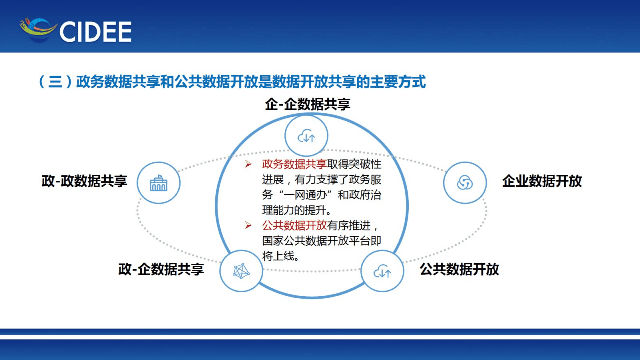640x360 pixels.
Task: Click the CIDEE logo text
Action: [95, 31]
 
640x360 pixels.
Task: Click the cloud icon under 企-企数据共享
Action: [306, 136]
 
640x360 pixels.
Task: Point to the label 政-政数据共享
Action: [84, 181]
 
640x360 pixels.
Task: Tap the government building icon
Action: [158, 183]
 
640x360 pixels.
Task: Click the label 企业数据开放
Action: [542, 181]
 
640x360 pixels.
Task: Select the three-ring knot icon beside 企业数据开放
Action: [465, 183]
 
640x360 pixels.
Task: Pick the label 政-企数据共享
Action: [161, 269]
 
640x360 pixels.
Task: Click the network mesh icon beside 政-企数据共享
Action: [241, 271]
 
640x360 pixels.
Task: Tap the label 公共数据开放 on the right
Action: [459, 269]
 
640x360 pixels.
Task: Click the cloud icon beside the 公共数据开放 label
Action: [382, 271]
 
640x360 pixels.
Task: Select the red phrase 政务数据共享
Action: [294, 164]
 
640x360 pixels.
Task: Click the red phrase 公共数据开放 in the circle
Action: [294, 225]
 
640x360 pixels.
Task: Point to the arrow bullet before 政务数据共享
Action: [248, 164]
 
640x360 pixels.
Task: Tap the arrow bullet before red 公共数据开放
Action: [248, 226]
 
